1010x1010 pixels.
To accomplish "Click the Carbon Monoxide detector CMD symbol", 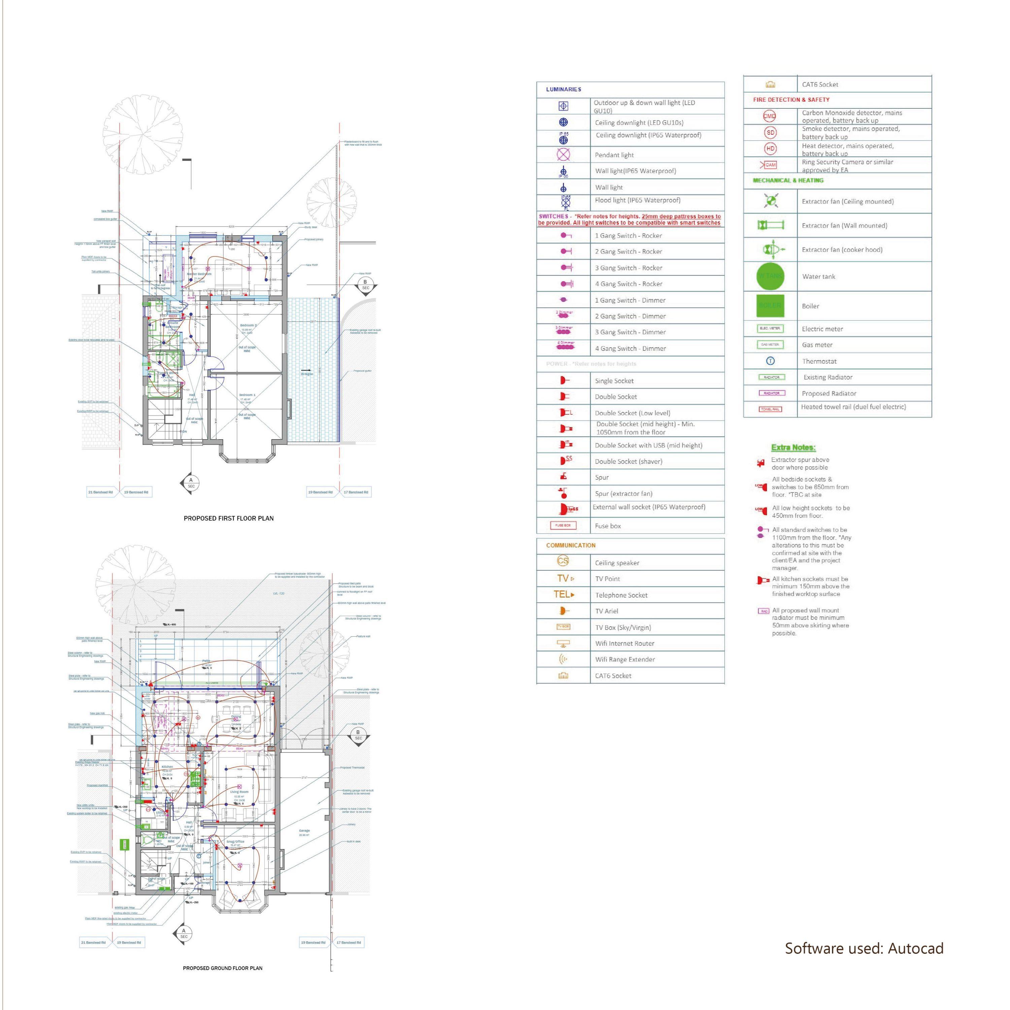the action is (x=770, y=116).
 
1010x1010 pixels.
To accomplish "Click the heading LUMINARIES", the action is (x=564, y=90).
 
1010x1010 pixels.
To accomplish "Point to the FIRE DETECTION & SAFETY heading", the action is (x=791, y=99).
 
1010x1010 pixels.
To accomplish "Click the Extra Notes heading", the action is (x=793, y=447).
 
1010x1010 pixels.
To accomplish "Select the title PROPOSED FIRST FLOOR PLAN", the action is (x=229, y=518).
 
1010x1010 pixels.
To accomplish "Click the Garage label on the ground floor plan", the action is (x=304, y=831).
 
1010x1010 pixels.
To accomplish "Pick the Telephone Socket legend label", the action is (x=621, y=595).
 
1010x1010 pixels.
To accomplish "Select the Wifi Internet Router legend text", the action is (x=624, y=643).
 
